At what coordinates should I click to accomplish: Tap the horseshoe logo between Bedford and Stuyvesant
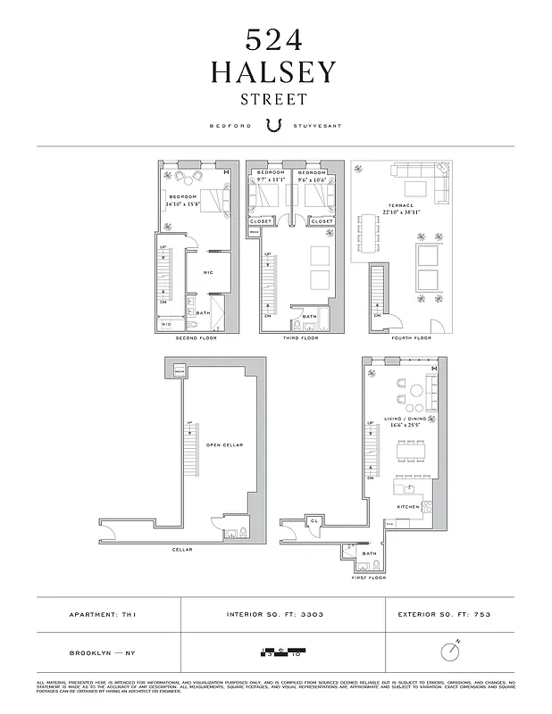pyautogui.click(x=275, y=126)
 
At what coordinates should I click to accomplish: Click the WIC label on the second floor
pyautogui.click(x=207, y=272)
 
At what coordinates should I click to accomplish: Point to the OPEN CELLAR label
pyautogui.click(x=224, y=444)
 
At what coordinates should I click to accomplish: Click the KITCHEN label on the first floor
pyautogui.click(x=408, y=507)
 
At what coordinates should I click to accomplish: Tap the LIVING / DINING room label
pyautogui.click(x=407, y=418)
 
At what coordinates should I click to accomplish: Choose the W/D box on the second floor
pyautogui.click(x=166, y=325)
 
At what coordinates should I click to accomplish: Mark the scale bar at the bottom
pyautogui.click(x=280, y=652)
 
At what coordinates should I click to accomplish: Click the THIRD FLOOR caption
pyautogui.click(x=299, y=338)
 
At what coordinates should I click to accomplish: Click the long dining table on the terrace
pyautogui.click(x=368, y=234)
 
